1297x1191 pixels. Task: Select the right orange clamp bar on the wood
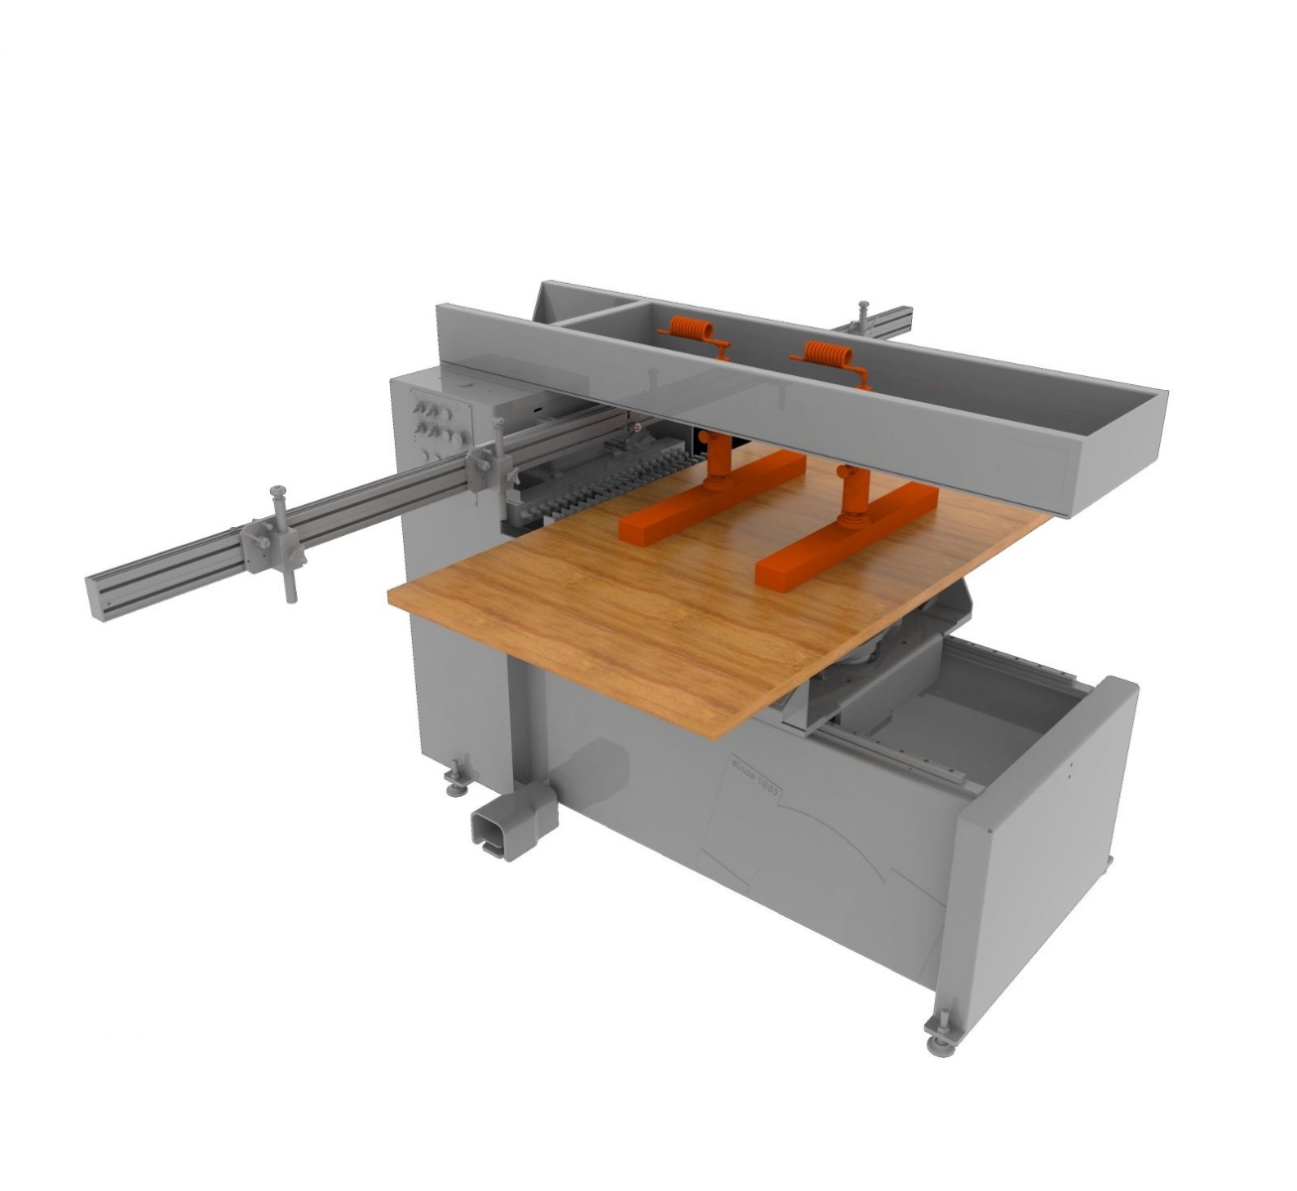[845, 533]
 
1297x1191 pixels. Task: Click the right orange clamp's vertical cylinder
[850, 491]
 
